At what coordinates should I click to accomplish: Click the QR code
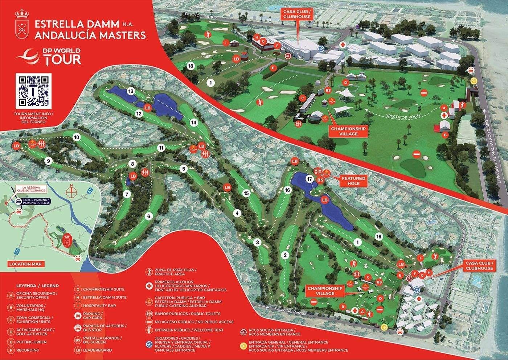[x=34, y=91]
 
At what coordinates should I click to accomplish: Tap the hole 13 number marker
[x=131, y=91]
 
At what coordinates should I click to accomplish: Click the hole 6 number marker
[x=148, y=216]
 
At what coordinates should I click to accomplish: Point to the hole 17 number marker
[x=310, y=179]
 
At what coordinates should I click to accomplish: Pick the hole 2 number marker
[x=285, y=255]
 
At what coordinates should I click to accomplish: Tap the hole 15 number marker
[x=246, y=193]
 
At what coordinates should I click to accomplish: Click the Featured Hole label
[x=353, y=181]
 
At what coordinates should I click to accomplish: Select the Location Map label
[x=25, y=264]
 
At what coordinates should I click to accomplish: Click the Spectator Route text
[x=403, y=116]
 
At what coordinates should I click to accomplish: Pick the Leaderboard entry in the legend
[x=97, y=350]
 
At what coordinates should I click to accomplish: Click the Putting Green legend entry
[x=31, y=342]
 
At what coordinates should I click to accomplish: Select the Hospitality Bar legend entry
[x=99, y=306]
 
